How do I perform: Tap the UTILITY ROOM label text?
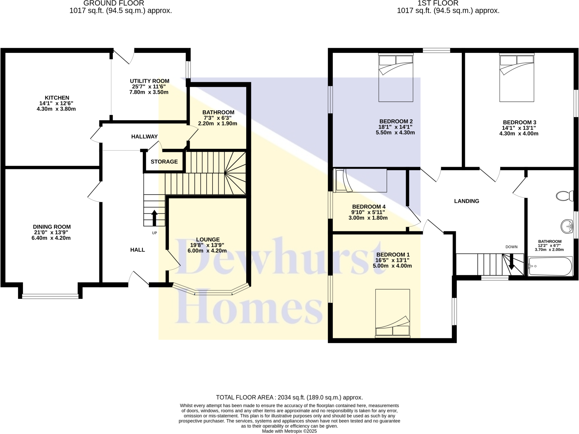[x=149, y=81]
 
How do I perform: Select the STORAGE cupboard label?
[x=164, y=162]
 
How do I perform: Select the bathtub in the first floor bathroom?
[x=550, y=266]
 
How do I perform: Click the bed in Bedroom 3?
[x=516, y=78]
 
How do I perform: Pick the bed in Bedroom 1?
[x=392, y=313]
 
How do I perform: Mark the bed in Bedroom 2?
[x=396, y=78]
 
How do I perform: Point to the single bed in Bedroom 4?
[x=360, y=180]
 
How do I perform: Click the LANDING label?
[x=466, y=201]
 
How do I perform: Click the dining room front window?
[x=50, y=296]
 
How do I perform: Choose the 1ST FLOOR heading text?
[x=438, y=3]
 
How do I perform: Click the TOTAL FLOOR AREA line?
[x=289, y=398]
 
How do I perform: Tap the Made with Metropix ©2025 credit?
[x=289, y=431]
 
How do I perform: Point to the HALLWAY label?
[x=144, y=136]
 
